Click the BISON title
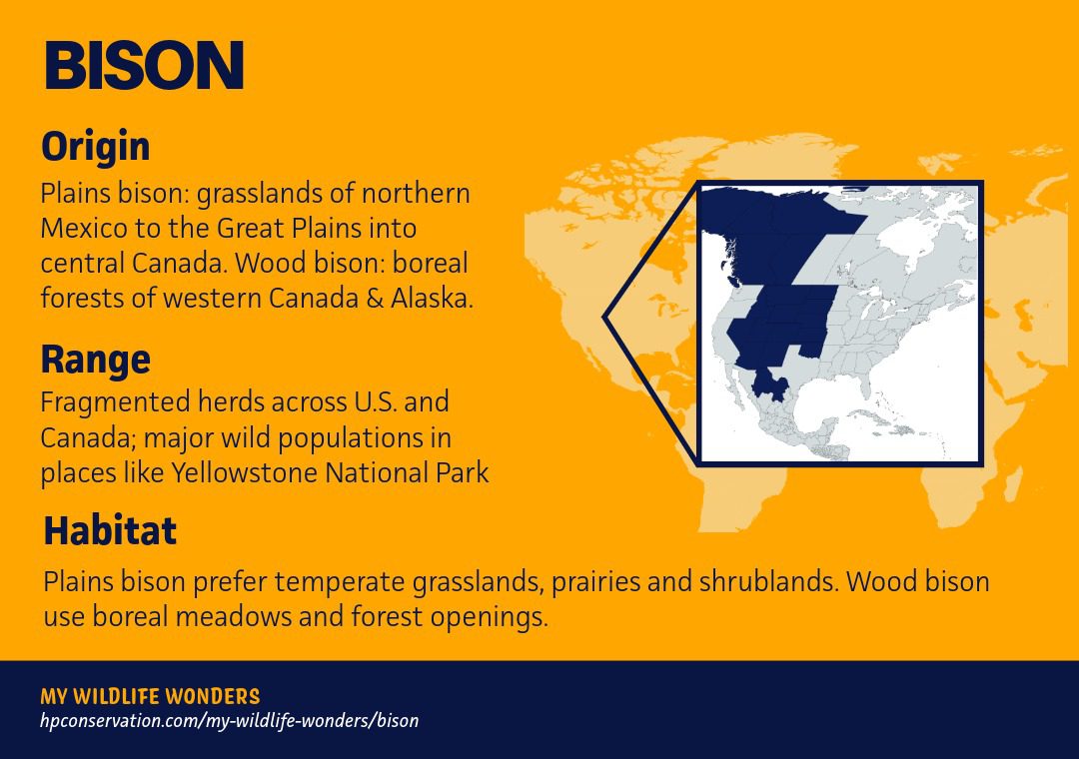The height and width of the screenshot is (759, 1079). click(144, 65)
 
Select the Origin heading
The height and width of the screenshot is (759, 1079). click(95, 146)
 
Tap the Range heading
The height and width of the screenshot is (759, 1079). click(96, 359)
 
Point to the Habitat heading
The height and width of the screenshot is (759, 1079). click(110, 530)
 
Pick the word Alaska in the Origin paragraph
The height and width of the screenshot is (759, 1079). click(433, 298)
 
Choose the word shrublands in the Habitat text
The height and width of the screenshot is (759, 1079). click(769, 581)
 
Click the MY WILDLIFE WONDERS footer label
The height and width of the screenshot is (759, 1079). click(150, 696)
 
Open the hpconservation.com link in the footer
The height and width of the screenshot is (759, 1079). click(229, 720)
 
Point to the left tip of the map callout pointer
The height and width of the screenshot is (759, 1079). click(603, 318)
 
